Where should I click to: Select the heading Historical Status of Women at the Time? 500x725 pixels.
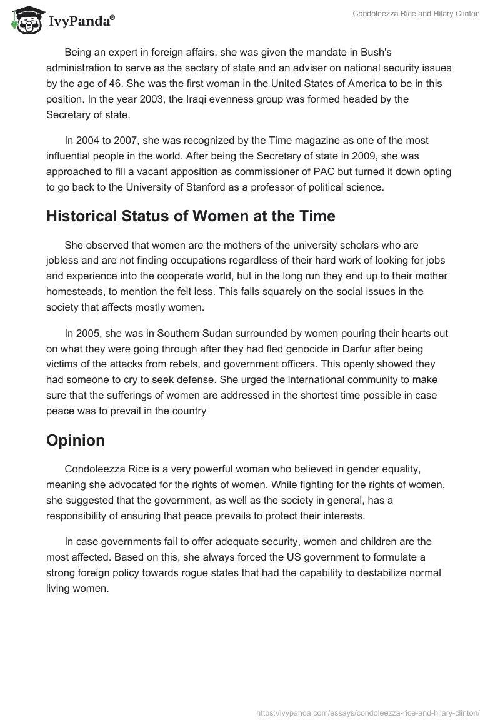pyautogui.click(x=191, y=216)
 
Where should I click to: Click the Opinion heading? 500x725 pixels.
pyautogui.click(x=75, y=440)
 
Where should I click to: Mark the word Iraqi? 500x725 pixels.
pyautogui.click(x=224, y=99)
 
